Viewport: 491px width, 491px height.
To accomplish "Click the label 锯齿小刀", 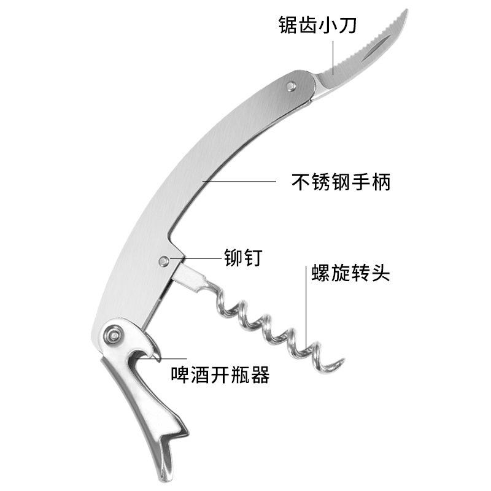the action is point(318,26).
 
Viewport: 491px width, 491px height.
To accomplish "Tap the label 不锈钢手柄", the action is point(341,182).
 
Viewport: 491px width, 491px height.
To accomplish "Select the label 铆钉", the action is point(244,257).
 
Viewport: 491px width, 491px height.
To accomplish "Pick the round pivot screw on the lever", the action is point(112,335).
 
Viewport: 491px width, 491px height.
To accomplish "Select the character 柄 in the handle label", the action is point(381,182).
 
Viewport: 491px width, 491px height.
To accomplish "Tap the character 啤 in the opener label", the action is point(182,374).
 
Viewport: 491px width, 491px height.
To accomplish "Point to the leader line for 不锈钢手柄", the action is point(239,182).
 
